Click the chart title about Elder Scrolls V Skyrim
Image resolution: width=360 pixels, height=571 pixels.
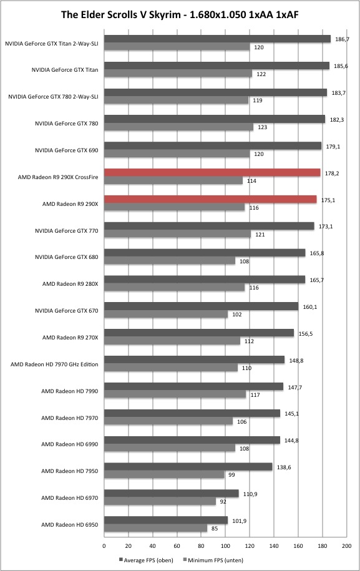pyautogui.click(x=180, y=14)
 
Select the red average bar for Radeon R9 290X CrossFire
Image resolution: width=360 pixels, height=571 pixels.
pyautogui.click(x=212, y=173)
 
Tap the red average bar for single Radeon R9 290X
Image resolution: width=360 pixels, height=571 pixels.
pyautogui.click(x=210, y=199)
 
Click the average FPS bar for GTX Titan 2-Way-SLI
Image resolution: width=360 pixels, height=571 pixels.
pyautogui.click(x=217, y=39)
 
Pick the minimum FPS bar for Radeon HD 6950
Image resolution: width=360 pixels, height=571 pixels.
pyautogui.click(x=156, y=528)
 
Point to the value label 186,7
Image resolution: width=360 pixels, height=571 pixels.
pyautogui.click(x=342, y=39)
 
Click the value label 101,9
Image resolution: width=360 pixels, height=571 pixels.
pyautogui.click(x=239, y=521)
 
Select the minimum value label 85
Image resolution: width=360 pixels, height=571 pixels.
pyautogui.click(x=215, y=529)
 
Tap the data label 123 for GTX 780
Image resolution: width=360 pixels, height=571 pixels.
pyautogui.click(x=263, y=127)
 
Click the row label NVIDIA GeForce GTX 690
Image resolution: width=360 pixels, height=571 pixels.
pyautogui.click(x=67, y=150)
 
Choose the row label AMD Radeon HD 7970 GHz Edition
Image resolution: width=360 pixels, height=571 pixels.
pyautogui.click(x=54, y=364)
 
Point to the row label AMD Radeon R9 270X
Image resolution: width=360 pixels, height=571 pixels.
pyautogui.click(x=71, y=338)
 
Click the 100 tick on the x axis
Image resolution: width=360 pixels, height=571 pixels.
pyautogui.click(x=225, y=546)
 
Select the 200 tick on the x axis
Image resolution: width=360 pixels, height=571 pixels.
pyautogui.click(x=346, y=546)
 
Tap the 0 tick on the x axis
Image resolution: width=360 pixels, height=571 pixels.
pyautogui.click(x=104, y=546)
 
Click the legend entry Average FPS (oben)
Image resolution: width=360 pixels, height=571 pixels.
pyautogui.click(x=146, y=560)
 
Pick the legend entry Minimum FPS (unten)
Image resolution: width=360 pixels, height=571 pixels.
pyautogui.click(x=213, y=560)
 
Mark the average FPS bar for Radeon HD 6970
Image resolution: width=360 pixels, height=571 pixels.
pyautogui.click(x=172, y=494)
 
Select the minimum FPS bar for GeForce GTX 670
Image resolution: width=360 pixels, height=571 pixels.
pyautogui.click(x=166, y=314)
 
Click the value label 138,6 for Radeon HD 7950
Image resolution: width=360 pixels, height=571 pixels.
pyautogui.click(x=284, y=467)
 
